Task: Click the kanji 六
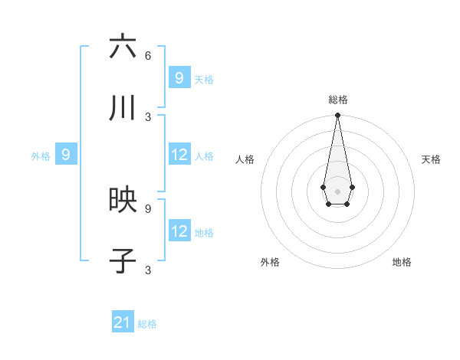(x=123, y=47)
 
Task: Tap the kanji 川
(x=123, y=109)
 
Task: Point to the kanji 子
(x=123, y=261)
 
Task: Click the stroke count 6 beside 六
(x=148, y=55)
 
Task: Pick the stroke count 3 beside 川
(x=148, y=116)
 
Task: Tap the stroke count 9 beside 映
(x=148, y=208)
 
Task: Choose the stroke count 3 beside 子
(x=148, y=270)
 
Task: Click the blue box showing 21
(x=123, y=322)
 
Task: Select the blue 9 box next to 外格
(x=66, y=155)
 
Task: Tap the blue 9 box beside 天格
(x=179, y=77)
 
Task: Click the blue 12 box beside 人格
(x=179, y=155)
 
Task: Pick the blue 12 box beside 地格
(x=179, y=231)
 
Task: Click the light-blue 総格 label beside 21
(x=147, y=324)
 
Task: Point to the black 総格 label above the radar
(x=337, y=100)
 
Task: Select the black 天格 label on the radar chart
(x=431, y=159)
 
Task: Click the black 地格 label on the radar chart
(x=402, y=262)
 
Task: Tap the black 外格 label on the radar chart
(x=270, y=262)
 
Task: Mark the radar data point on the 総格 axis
(x=337, y=116)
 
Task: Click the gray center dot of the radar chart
(x=337, y=191)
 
